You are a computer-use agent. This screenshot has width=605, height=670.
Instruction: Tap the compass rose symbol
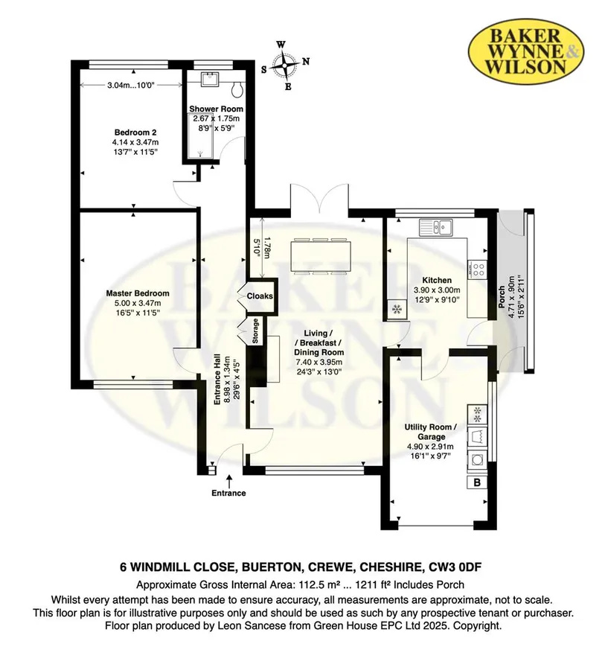point(284,65)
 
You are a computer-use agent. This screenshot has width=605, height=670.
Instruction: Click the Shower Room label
point(217,109)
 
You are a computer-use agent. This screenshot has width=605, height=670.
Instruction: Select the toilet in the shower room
point(237,89)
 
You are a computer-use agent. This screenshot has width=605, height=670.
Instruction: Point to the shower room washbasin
point(210,80)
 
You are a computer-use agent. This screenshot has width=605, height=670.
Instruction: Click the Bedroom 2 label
point(132,133)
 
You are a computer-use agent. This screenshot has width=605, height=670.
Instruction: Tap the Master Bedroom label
point(138,293)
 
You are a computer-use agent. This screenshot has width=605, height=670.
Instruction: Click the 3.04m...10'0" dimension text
point(131,85)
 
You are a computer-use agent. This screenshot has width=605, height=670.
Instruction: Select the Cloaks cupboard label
point(260,296)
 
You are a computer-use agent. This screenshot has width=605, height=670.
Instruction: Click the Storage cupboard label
point(255,331)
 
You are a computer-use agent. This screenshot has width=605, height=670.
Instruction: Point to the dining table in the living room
point(321,255)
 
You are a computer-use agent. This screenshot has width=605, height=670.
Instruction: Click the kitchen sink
point(436,226)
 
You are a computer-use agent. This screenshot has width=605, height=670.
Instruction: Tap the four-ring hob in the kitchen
point(478,269)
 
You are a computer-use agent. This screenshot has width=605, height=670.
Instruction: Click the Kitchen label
point(437,281)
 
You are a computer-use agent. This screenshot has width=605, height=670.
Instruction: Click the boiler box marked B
point(477,482)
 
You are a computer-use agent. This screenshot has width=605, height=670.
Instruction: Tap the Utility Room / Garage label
point(431,432)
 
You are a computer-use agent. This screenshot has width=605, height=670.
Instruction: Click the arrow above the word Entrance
point(229,480)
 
